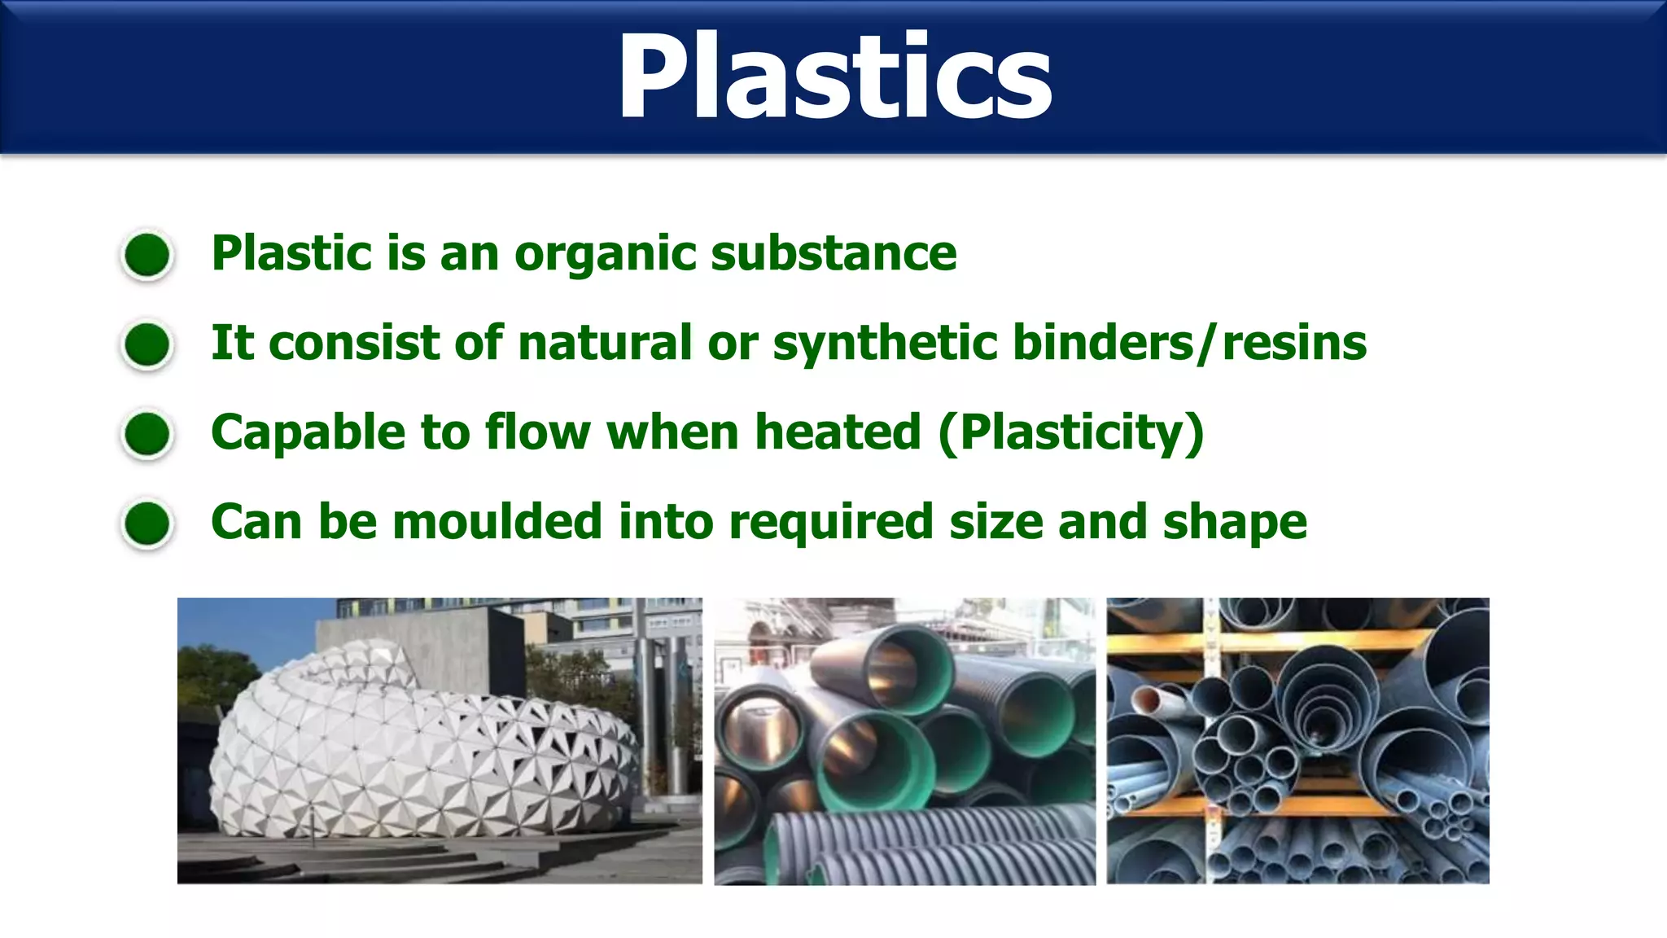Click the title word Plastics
pyautogui.click(x=834, y=77)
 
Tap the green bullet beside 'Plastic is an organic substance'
pyautogui.click(x=147, y=255)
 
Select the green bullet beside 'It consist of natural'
pyautogui.click(x=147, y=344)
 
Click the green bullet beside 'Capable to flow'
pyautogui.click(x=147, y=433)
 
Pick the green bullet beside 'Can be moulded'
pyautogui.click(x=147, y=523)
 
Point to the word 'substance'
pyautogui.click(x=833, y=254)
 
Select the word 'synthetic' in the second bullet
pyautogui.click(x=885, y=343)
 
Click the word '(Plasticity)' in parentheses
pyautogui.click(x=1070, y=432)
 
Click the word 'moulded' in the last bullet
pyautogui.click(x=497, y=522)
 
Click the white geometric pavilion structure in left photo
pyautogui.click(x=423, y=749)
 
